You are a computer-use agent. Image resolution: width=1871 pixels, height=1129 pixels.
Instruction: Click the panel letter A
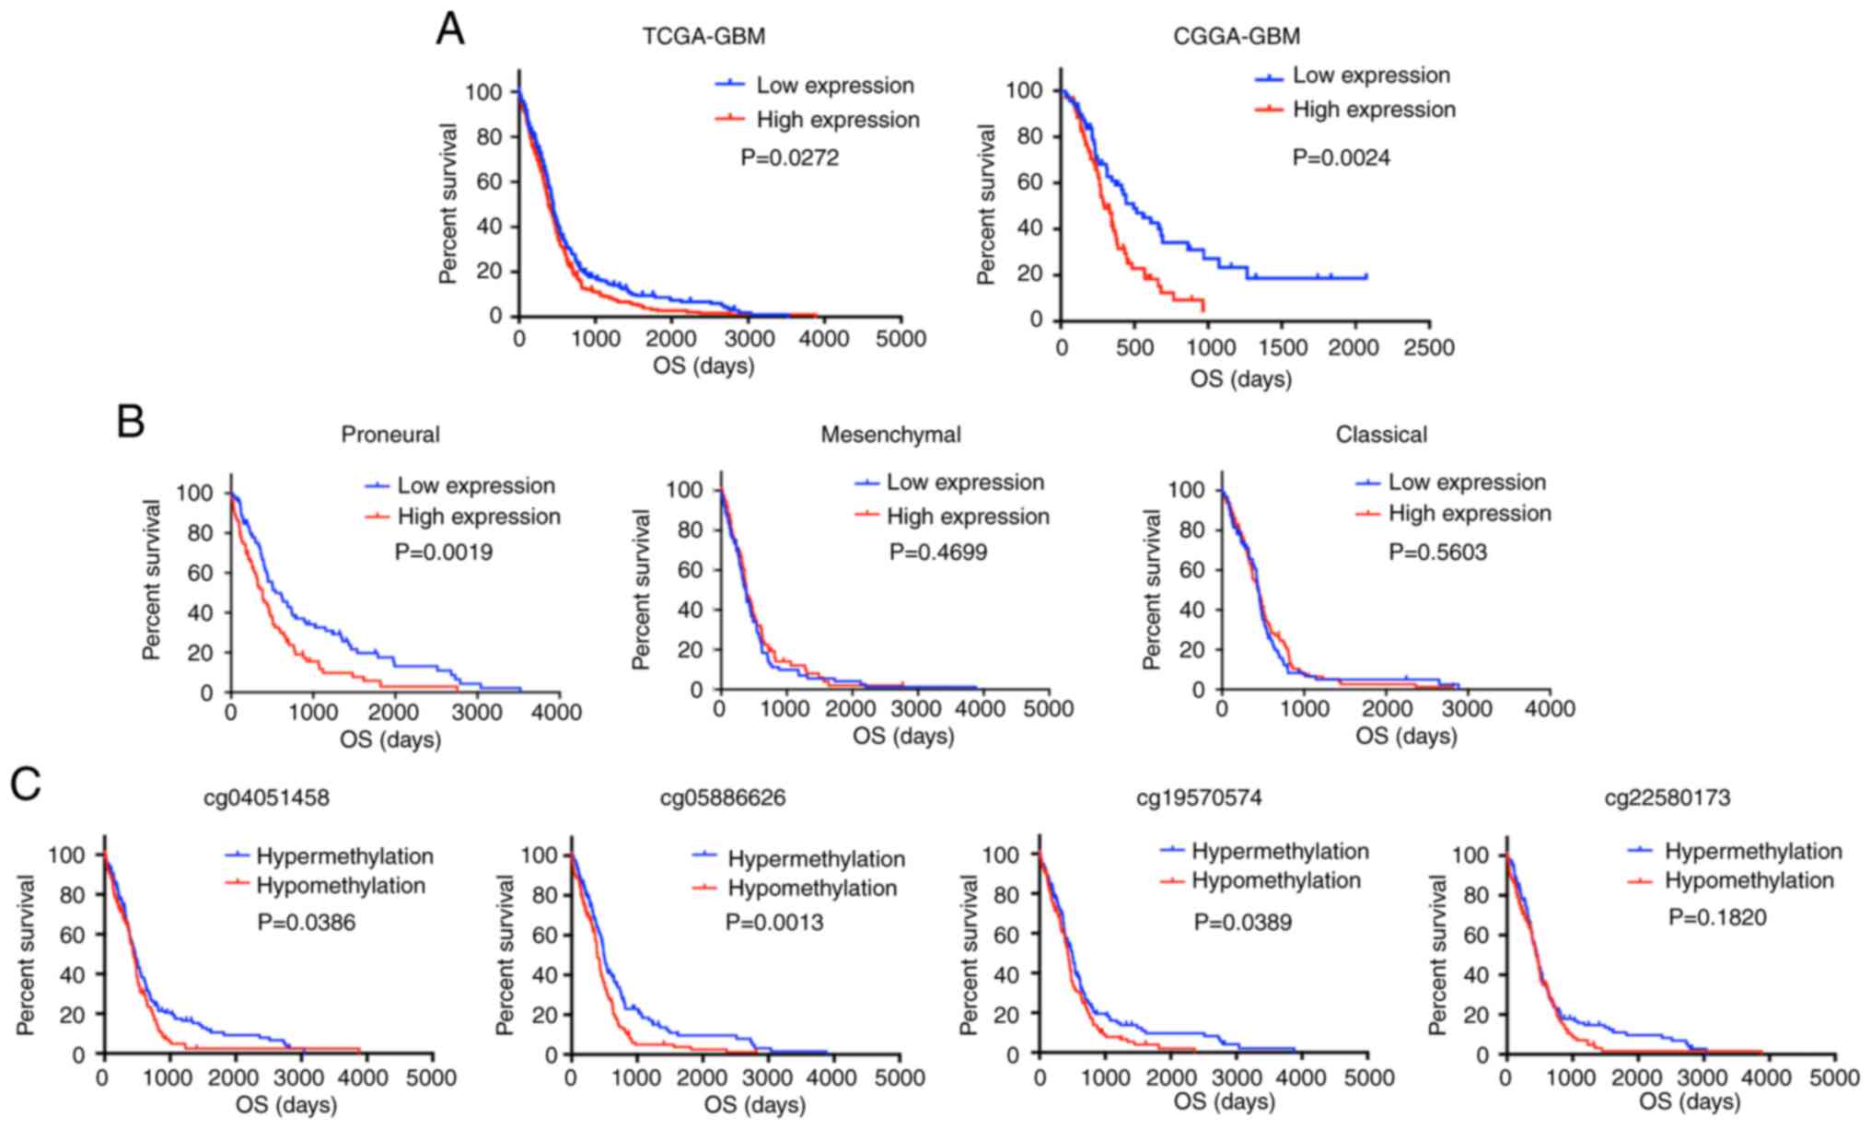coord(450,29)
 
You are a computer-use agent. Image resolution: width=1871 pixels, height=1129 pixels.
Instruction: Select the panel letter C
coord(25,785)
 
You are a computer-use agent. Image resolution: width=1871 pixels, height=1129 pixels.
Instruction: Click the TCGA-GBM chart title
coord(703,36)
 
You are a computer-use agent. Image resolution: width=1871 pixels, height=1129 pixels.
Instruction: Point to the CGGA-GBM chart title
coord(1237,36)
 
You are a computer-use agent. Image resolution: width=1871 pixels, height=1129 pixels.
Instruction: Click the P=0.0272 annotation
coord(789,157)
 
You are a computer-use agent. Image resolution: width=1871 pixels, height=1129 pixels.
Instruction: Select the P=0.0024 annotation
coord(1341,157)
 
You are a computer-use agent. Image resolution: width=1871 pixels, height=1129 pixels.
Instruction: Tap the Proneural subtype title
coord(390,434)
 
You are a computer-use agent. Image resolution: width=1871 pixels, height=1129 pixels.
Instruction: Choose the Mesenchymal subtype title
coord(890,434)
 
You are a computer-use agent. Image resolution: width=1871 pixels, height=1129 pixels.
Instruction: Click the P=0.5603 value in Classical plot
coord(1437,553)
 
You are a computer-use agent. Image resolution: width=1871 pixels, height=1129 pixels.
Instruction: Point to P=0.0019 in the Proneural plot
coord(443,553)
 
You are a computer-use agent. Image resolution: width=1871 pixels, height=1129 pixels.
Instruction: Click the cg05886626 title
coord(723,797)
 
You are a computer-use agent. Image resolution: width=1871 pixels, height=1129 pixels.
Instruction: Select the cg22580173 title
coord(1667,797)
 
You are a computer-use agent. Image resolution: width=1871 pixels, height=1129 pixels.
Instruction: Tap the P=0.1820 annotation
coord(1717,917)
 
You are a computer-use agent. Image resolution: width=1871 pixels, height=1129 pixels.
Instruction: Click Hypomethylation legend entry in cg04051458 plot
coord(341,886)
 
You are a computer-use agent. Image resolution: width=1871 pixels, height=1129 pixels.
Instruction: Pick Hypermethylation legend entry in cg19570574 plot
coord(1280,851)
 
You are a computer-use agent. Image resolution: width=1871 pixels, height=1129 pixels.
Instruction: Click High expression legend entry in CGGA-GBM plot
coord(1374,110)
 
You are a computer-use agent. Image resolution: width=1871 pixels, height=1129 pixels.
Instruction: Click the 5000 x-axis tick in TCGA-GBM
coord(900,339)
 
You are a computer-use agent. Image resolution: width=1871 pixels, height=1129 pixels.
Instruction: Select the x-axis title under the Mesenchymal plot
coord(902,736)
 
